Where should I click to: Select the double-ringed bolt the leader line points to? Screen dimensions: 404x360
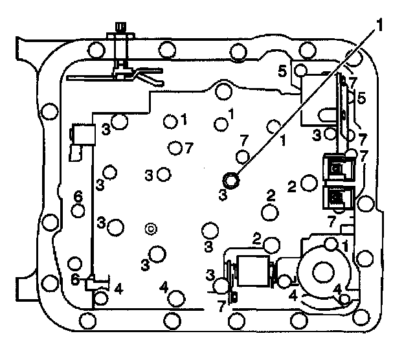[x=230, y=179]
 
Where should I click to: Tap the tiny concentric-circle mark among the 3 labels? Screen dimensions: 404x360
[x=150, y=228]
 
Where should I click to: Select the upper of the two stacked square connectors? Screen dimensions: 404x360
[x=336, y=169]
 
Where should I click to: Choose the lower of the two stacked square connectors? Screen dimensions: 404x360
[x=336, y=195]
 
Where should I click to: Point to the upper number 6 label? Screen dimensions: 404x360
[x=77, y=196]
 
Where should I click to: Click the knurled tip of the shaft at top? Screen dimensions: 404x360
[x=119, y=27]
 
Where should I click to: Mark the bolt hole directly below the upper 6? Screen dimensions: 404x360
[x=79, y=210]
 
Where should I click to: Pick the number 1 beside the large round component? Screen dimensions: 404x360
[x=346, y=245]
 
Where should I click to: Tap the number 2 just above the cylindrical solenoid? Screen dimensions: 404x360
[x=256, y=238]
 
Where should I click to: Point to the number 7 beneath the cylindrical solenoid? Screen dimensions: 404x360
[x=221, y=306]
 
